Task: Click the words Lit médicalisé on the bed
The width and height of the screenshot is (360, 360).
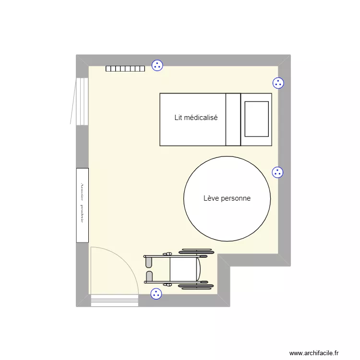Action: pyautogui.click(x=196, y=117)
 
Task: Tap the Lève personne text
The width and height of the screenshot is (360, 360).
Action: pyautogui.click(x=227, y=198)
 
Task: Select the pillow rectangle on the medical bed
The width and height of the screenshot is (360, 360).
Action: pyautogui.click(x=256, y=119)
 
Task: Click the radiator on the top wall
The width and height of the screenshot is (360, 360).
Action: pyautogui.click(x=125, y=69)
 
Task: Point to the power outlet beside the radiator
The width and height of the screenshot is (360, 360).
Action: pyautogui.click(x=157, y=66)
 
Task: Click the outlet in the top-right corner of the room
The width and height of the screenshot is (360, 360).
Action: pyautogui.click(x=278, y=83)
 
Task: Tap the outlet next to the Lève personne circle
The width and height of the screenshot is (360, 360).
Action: pyautogui.click(x=277, y=172)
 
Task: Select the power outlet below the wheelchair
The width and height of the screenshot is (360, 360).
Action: pyautogui.click(x=156, y=294)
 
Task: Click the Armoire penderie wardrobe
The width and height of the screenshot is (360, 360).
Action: pyautogui.click(x=82, y=204)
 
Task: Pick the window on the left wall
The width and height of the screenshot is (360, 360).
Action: pyautogui.click(x=81, y=101)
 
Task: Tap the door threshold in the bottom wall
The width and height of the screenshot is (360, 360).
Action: pyautogui.click(x=114, y=300)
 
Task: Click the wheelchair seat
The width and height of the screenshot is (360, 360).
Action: pyautogui.click(x=183, y=269)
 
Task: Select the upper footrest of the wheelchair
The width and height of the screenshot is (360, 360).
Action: pyautogui.click(x=149, y=262)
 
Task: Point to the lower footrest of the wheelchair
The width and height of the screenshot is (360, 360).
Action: pyautogui.click(x=149, y=276)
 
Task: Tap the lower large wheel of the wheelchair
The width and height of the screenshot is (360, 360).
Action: pyautogui.click(x=196, y=287)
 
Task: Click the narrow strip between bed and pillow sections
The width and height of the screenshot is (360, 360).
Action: pyautogui.click(x=233, y=119)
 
